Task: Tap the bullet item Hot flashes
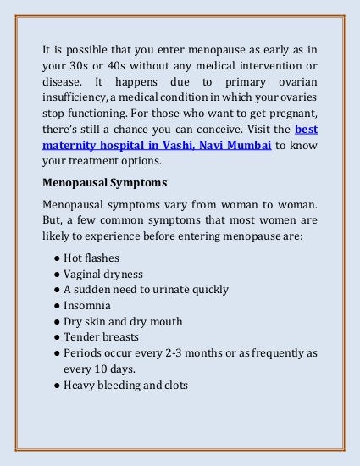click(x=91, y=257)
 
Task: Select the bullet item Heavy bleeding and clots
click(x=125, y=385)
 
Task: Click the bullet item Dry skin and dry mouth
click(x=123, y=321)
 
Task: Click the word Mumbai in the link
click(x=248, y=145)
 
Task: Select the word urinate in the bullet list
click(x=170, y=289)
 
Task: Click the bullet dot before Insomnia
click(x=56, y=305)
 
